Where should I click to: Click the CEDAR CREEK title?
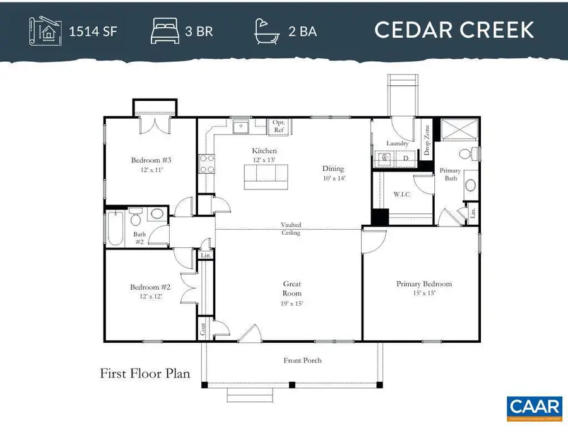[x=454, y=30]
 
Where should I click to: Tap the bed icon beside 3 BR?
[x=165, y=30]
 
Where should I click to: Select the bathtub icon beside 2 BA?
[x=268, y=30]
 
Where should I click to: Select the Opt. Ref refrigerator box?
[x=279, y=126]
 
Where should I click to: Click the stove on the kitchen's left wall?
[x=206, y=164]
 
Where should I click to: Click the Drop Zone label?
[x=427, y=141]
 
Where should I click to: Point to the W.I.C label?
[x=401, y=194]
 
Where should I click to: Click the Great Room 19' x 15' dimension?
[x=292, y=304]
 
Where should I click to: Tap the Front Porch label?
[x=302, y=360]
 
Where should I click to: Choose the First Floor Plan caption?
[x=145, y=374]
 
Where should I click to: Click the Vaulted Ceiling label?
[x=291, y=228]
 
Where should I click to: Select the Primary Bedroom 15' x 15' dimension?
[x=423, y=293]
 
